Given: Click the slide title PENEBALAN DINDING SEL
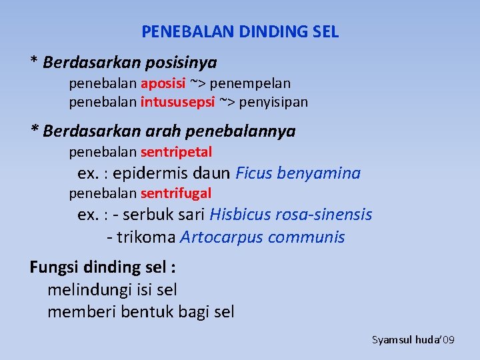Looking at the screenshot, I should pos(240,31).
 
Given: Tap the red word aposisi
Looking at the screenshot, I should pos(163,83).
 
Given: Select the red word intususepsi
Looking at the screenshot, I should pos(177,102).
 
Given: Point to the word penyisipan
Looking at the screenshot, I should pos(273,102).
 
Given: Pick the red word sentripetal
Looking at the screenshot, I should pos(176,152).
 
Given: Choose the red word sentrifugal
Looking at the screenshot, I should pos(176,193).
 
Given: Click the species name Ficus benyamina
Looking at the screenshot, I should pos(298,173).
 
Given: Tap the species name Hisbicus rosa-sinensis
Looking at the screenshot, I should pos(291,215).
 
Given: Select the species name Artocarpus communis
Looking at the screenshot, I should pos(262,237).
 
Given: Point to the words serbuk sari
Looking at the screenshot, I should pos(165,215).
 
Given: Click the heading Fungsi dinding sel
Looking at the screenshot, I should pos(103,267).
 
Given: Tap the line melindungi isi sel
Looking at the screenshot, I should pos(112,289).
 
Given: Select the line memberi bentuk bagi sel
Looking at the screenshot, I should pos(141,311).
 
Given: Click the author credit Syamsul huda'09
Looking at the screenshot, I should pos(413,340).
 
